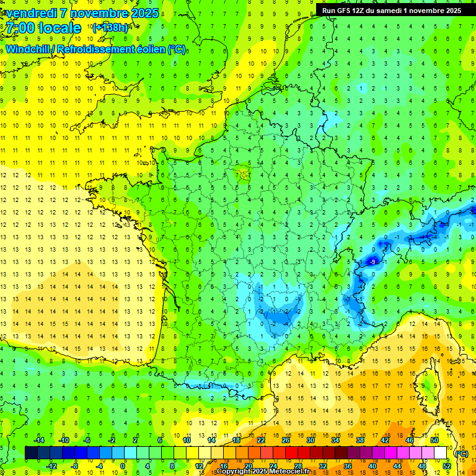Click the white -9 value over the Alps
pos(372,262)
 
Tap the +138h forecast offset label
pos(110,27)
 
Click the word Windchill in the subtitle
pos(27,49)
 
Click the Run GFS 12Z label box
pos(392,10)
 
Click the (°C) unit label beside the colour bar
pos(461,453)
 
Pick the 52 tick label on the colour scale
pos(447,465)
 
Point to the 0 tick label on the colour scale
pos(123,465)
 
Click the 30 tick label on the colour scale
pos(310,440)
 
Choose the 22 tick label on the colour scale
pos(261,440)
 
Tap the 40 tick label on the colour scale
pos(372,465)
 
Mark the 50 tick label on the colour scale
pos(434,440)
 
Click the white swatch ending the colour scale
pos(441,453)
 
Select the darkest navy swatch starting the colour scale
pos(32,453)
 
